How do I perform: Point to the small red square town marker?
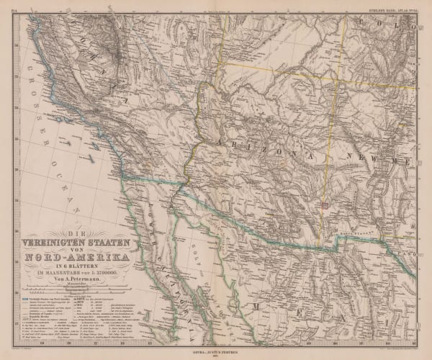(325, 205)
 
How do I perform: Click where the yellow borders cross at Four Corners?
(329, 60)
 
